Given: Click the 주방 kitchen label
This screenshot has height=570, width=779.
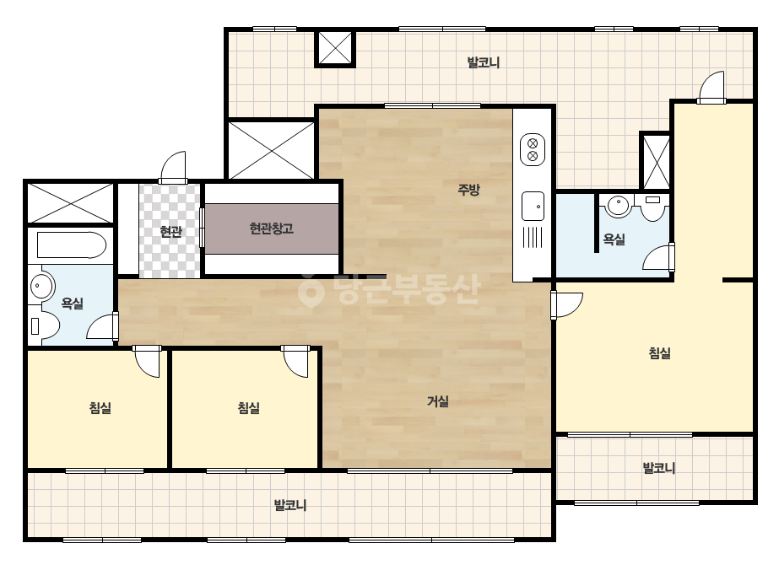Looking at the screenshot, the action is pyautogui.click(x=468, y=189).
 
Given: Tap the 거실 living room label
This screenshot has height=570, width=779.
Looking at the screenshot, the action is pyautogui.click(x=438, y=401).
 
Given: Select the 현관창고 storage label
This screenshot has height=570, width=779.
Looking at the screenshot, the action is pyautogui.click(x=271, y=229).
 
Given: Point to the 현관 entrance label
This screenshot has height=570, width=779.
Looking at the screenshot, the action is pyautogui.click(x=170, y=231).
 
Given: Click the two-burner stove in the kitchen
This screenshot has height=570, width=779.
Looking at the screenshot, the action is pyautogui.click(x=532, y=150).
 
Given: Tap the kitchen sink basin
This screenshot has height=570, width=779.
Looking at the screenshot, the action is pyautogui.click(x=533, y=206).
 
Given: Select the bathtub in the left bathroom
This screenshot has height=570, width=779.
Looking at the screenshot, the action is pyautogui.click(x=72, y=245).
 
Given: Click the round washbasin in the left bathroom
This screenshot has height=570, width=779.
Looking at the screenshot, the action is pyautogui.click(x=40, y=286).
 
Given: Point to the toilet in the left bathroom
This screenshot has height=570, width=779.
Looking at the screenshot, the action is pyautogui.click(x=43, y=325).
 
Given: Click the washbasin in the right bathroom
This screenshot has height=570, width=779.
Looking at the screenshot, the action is pyautogui.click(x=618, y=206).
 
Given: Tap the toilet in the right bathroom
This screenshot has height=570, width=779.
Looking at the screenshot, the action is pyautogui.click(x=652, y=207).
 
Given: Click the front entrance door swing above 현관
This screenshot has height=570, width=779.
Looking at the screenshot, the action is pyautogui.click(x=173, y=168).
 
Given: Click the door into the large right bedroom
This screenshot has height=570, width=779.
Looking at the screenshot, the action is pyautogui.click(x=566, y=305).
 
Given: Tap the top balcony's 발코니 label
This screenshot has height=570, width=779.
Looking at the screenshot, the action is pyautogui.click(x=484, y=62).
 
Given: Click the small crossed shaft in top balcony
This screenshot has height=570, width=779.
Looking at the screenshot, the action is pyautogui.click(x=335, y=48).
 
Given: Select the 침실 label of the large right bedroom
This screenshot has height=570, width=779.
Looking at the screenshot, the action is pyautogui.click(x=660, y=353).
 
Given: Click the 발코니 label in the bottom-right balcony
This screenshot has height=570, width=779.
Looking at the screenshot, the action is pyautogui.click(x=659, y=468).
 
